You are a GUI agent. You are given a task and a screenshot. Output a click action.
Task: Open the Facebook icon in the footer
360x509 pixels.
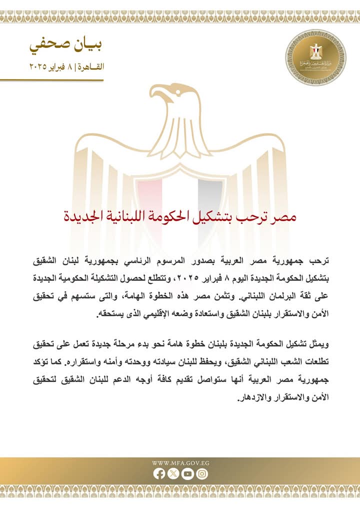[159, 474]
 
